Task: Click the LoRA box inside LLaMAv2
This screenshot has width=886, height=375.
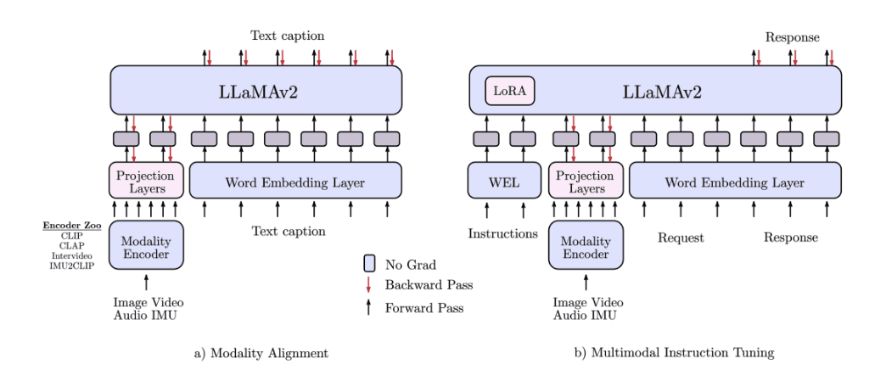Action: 510,91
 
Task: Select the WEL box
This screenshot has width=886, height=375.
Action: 504,181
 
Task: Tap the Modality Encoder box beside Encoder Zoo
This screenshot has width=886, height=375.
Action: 146,245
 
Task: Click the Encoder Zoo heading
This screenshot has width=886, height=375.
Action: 72,225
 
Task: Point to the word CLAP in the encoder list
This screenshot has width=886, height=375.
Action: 72,245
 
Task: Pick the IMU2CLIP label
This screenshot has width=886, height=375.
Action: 72,266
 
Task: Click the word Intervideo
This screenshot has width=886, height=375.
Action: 72,255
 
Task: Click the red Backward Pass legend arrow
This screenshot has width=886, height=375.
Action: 369,284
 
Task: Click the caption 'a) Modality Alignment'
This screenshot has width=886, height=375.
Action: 255,351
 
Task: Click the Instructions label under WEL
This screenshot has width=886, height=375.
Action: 503,233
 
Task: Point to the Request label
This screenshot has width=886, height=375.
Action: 681,238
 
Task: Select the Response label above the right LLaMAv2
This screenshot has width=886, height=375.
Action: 792,37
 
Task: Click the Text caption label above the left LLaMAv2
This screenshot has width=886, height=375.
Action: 287,36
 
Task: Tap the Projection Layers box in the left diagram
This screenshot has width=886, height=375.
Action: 145,182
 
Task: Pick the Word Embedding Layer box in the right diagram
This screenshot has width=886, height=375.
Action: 735,182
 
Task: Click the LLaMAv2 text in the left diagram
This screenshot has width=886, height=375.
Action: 256,91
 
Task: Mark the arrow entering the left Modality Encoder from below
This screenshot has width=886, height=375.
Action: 146,282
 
